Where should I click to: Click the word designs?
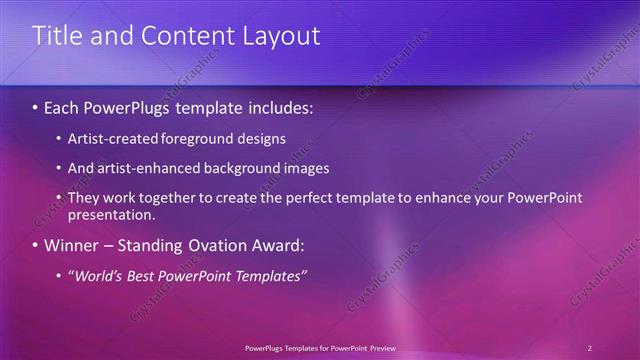262,138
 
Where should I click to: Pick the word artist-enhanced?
142,168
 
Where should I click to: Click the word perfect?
304,198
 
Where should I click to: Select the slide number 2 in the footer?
590,348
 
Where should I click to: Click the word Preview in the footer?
383,348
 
